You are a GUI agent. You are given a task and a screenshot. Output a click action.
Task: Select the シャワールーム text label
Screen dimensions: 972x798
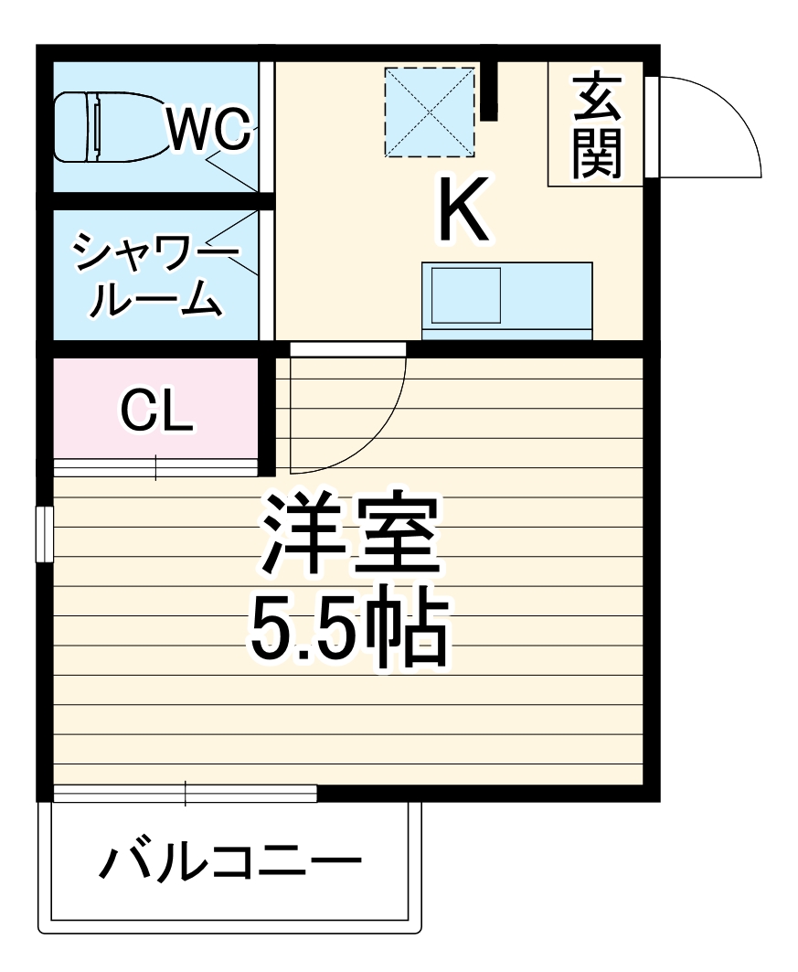point(155,274)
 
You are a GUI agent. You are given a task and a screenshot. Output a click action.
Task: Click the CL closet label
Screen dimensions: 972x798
point(157,411)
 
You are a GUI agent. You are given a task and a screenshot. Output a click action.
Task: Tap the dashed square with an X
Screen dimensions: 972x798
point(430,112)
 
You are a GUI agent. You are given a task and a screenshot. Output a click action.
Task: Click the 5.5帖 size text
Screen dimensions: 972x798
point(347,632)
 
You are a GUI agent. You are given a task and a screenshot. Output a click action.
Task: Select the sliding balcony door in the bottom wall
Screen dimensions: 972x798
point(186,793)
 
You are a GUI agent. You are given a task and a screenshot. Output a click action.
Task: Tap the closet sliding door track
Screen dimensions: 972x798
point(155,467)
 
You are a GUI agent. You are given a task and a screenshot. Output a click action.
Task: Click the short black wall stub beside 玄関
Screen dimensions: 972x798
point(489,90)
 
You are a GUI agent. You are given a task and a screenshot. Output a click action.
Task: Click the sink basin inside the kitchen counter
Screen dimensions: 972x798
point(465,294)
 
